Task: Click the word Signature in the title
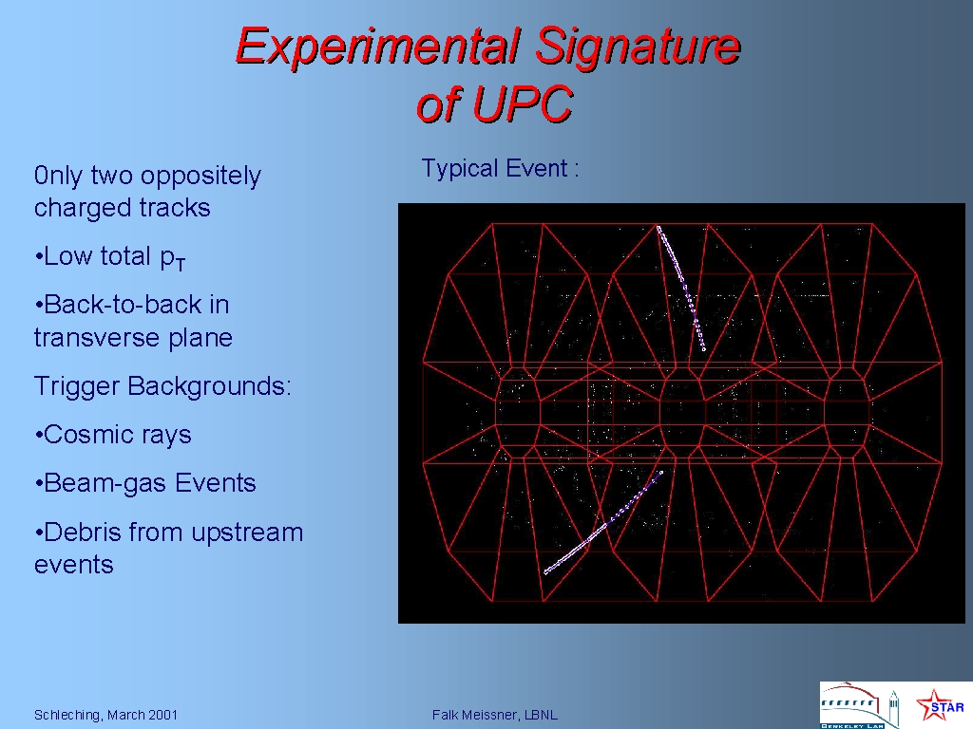coord(638,46)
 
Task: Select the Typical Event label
coord(500,169)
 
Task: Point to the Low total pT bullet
coord(110,257)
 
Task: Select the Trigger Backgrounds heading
coord(162,386)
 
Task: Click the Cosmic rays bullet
coord(113,435)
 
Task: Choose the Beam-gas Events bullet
coord(145,483)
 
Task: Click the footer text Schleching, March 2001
coord(105,715)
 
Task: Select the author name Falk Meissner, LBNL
coord(494,715)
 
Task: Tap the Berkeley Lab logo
coord(859,705)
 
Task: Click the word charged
coord(72,208)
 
